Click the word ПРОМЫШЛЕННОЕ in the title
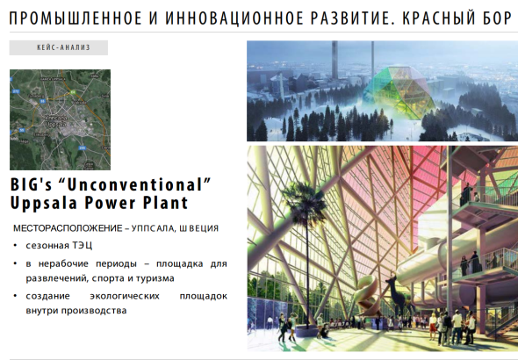pos(76,18)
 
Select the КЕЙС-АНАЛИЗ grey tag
pos(59,47)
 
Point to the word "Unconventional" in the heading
pos(139,184)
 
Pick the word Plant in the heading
pos(166,203)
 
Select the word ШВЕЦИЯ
pos(199,228)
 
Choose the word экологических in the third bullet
pos(125,296)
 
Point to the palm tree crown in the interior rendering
pos(305,199)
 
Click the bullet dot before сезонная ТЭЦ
pos(15,246)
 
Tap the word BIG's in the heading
pos(32,184)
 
